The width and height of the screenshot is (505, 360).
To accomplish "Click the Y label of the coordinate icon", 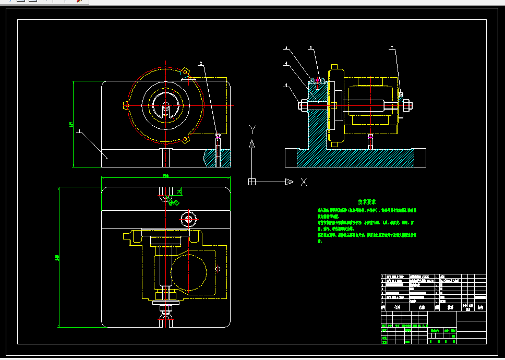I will pos(252,128).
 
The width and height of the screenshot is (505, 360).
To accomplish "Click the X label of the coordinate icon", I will pos(304,182).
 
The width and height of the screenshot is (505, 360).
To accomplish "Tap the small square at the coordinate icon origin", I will pos(251,182).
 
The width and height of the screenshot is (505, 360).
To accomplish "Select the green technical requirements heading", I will pos(367,201).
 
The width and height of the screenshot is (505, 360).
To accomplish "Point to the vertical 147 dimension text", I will pos(71,125).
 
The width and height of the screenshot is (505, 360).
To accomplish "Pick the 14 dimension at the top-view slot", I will pos(179,191).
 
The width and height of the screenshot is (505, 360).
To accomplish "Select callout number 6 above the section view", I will pos(311,48).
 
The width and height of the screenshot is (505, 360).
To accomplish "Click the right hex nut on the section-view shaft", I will pos(407,105).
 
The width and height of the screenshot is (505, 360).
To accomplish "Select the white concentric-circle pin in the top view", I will pos(188,218).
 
